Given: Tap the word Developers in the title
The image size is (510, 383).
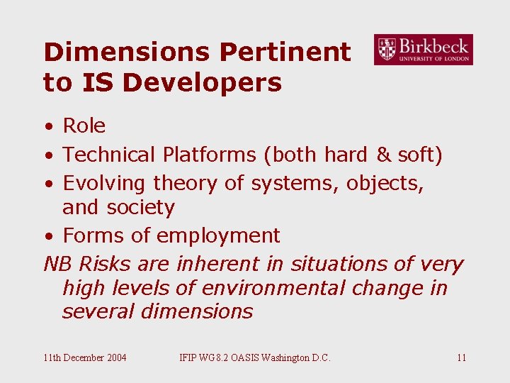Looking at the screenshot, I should click(x=203, y=83).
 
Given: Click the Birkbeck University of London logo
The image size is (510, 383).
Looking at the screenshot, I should click(x=423, y=50).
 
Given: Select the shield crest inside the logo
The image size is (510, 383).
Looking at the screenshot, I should click(x=387, y=50).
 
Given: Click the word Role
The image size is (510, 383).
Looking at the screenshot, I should click(x=84, y=126).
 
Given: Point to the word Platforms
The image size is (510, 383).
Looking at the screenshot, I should click(x=205, y=155).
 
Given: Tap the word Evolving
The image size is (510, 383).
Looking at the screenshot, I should click(x=106, y=183).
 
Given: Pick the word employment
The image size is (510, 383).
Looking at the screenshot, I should click(x=218, y=235).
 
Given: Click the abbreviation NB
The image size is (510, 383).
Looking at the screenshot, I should click(x=58, y=264).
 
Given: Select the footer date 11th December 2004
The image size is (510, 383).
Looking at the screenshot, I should click(x=85, y=357).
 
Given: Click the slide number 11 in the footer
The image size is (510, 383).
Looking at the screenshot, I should click(x=461, y=357).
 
